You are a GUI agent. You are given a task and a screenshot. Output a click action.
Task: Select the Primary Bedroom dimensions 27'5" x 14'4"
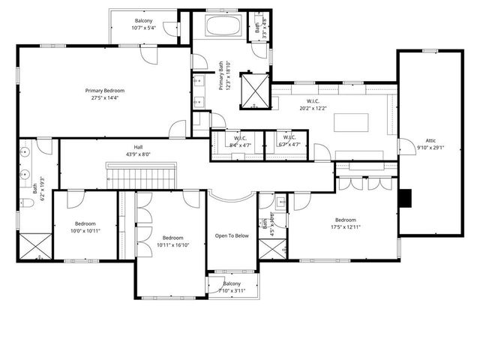pos(104,98)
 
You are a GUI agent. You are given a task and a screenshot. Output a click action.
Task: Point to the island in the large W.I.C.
pos(351,122)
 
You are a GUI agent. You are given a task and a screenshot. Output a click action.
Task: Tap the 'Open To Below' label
pos(232,235)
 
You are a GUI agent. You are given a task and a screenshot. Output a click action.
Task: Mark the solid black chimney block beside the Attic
pos(405,197)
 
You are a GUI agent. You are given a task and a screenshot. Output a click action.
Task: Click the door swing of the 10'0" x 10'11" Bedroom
pos(76,199)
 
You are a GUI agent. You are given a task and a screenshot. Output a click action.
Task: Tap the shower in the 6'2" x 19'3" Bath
pos(34,245)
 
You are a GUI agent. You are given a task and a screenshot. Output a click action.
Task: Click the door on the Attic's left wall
pos(404,146)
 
